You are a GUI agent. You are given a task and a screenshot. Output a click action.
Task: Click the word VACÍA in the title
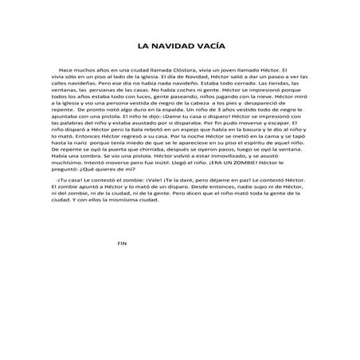(209, 45)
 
